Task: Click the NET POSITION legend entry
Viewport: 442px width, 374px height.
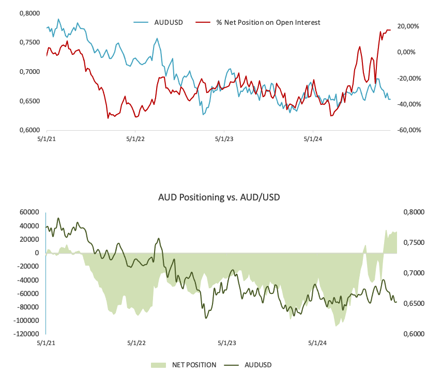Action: tap(194, 365)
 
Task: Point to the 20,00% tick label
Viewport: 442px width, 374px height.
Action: tap(408, 26)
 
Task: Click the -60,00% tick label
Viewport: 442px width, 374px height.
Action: tap(407, 130)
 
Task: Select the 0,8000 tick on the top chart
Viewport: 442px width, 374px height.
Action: tap(29, 13)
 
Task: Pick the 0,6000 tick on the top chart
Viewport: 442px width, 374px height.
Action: tap(29, 130)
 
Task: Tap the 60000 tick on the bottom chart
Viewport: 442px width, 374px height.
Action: tap(29, 212)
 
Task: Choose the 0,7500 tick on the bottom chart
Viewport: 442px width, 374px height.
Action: tap(413, 243)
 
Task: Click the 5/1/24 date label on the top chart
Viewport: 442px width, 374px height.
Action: tap(313, 139)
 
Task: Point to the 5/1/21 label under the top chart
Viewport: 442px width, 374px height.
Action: tap(47, 139)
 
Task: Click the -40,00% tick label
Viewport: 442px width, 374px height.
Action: tap(407, 104)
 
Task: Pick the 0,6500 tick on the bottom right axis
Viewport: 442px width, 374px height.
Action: tap(413, 304)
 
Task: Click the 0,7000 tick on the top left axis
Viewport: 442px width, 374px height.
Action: tap(29, 72)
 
